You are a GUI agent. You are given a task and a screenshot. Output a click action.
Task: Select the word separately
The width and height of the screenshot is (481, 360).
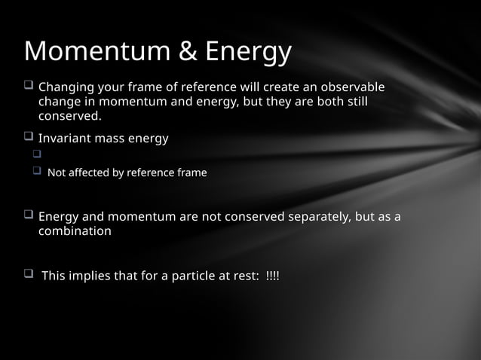pos(318,218)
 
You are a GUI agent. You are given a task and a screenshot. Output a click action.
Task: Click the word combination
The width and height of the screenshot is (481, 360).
pos(75,232)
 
